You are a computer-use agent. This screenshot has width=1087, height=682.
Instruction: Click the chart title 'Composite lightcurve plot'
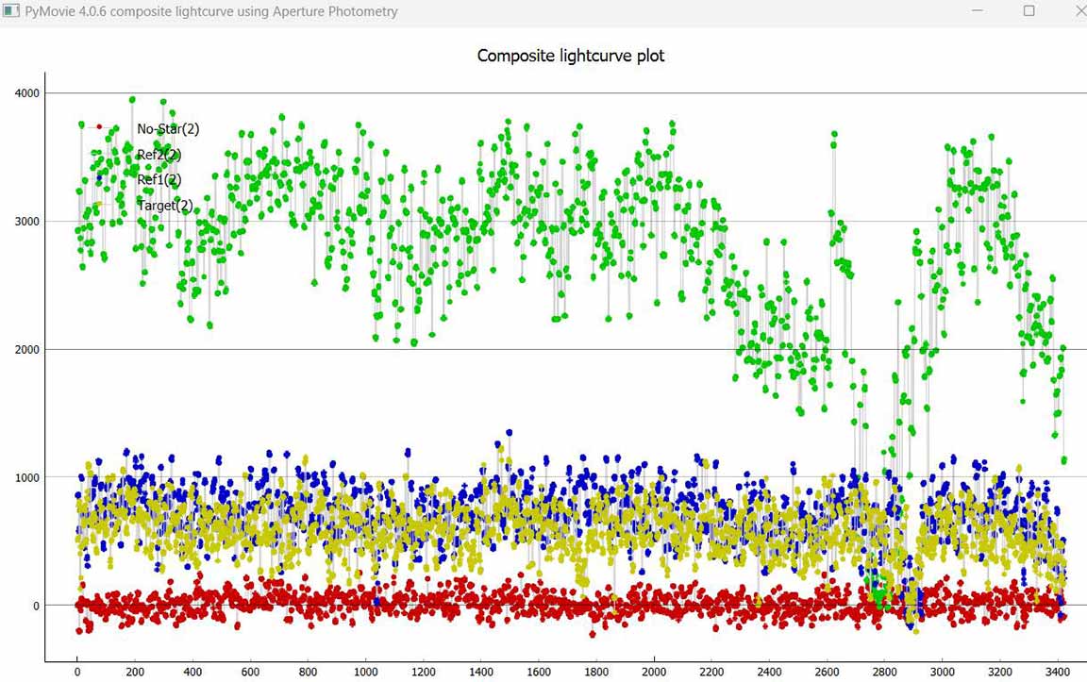571,56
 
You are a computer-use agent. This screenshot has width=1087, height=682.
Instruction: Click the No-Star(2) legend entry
168,129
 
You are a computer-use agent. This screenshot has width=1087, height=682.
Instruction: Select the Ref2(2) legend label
159,155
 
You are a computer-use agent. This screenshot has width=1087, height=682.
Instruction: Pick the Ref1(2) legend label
159,179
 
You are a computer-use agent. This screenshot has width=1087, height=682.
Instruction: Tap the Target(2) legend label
165,205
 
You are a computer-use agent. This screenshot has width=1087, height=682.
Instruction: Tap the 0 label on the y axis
36,606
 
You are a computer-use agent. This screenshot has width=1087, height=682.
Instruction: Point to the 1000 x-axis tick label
365,672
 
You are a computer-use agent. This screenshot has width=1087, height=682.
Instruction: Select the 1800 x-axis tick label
595,672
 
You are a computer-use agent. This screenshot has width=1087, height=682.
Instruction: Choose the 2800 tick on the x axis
884,672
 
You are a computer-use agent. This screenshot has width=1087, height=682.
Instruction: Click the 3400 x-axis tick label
1057,672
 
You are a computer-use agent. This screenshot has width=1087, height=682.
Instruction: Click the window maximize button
1028,11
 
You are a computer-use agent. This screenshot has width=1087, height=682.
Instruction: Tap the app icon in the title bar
10,11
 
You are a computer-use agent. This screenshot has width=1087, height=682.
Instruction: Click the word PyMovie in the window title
51,12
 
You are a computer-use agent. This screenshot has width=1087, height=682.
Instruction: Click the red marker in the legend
99,126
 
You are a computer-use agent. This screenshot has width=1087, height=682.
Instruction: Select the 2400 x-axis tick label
769,672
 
